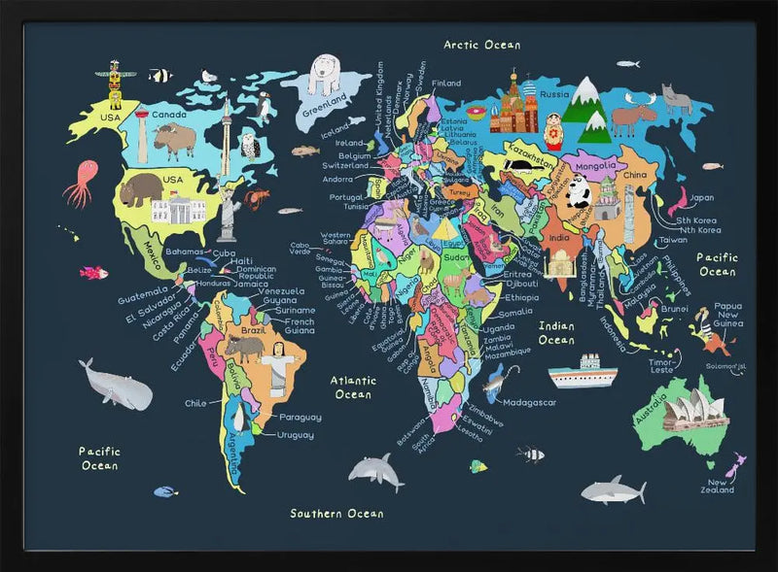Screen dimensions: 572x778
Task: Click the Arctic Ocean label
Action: click(x=482, y=45)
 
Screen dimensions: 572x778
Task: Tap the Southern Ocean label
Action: click(x=336, y=513)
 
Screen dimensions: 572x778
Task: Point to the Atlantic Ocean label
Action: click(x=352, y=387)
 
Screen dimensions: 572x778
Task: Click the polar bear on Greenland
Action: click(x=326, y=74)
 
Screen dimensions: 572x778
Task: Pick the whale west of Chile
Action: click(x=116, y=386)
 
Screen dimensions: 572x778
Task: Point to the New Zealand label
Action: click(x=721, y=487)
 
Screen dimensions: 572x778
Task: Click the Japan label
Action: click(x=701, y=198)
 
